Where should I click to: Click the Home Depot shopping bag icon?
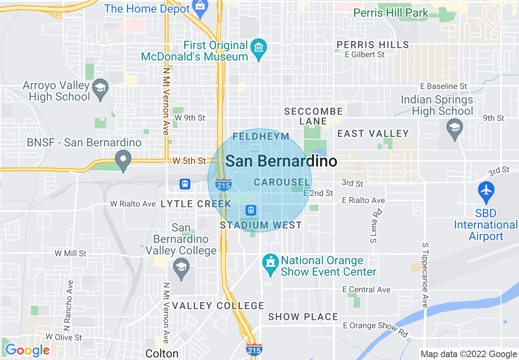tap(200, 8)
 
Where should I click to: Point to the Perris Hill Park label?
tap(390, 13)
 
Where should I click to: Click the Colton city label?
tap(162, 353)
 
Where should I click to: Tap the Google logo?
tap(27, 350)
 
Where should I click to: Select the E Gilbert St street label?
tap(364, 54)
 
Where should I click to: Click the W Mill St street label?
tap(70, 254)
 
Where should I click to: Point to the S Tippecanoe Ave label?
tap(425, 274)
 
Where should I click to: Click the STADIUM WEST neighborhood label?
tap(261, 225)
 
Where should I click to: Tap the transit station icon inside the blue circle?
tap(251, 210)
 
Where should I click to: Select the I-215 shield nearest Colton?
tap(254, 350)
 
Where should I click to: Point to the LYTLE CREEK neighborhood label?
tap(196, 204)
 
